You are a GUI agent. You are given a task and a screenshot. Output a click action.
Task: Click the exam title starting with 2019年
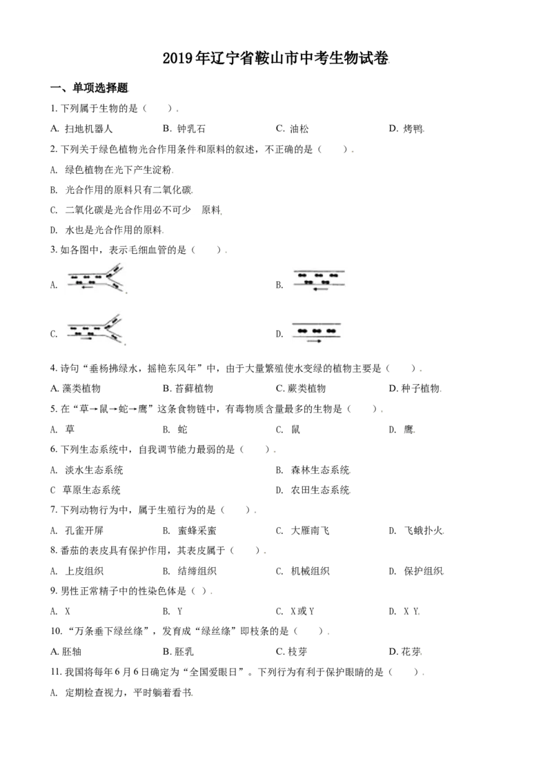(x=275, y=58)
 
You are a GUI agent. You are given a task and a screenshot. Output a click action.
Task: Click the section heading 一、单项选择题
(x=89, y=88)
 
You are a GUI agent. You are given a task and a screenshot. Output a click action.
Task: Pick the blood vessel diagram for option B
(x=319, y=281)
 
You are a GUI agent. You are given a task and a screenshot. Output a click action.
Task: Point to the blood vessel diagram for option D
(x=316, y=333)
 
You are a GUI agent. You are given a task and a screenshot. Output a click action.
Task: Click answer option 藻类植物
(x=76, y=388)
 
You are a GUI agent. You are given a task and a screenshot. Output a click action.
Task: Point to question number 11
(x=56, y=673)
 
